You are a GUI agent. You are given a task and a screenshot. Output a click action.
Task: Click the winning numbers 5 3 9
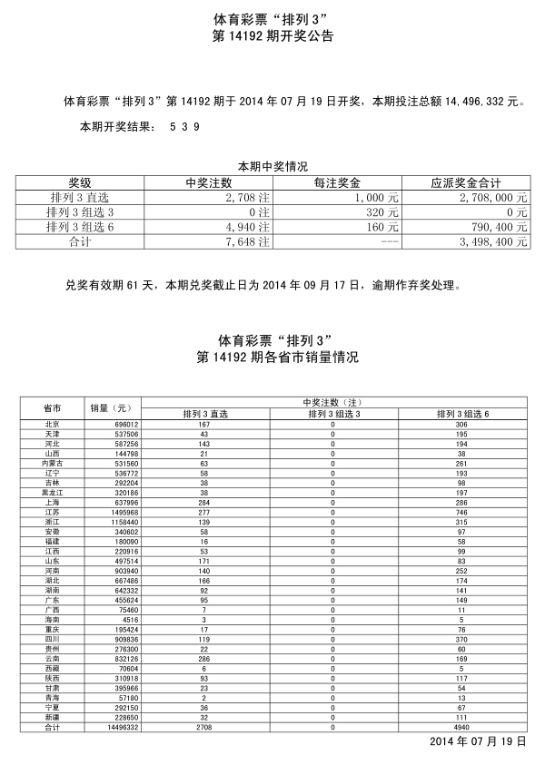[184, 127]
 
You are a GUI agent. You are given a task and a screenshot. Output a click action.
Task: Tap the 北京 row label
[52, 425]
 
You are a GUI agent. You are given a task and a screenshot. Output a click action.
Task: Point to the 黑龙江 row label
[52, 493]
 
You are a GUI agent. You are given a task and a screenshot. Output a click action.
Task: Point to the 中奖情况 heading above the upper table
[272, 166]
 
